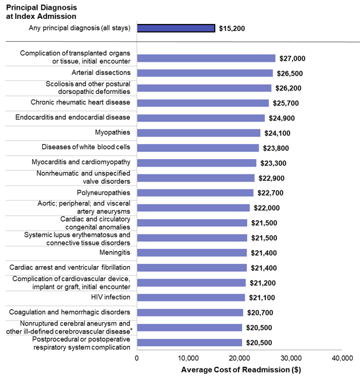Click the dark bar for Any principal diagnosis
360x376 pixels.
(176, 28)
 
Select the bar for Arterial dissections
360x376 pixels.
(205, 73)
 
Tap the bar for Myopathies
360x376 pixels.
(199, 133)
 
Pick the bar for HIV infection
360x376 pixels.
(191, 298)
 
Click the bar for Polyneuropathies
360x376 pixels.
(195, 193)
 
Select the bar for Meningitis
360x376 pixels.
(192, 252)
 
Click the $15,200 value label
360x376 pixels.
(232, 28)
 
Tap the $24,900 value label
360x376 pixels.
(283, 118)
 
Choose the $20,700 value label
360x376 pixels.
(261, 312)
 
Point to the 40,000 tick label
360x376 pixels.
(342, 358)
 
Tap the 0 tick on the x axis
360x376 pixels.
(137, 358)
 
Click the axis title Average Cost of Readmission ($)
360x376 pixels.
(241, 369)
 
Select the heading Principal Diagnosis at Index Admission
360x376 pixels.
(41, 11)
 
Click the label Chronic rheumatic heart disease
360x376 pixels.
(80, 102)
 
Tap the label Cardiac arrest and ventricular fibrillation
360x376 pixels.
(70, 267)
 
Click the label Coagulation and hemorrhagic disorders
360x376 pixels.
(69, 312)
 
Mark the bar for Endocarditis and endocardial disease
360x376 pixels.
(201, 118)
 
